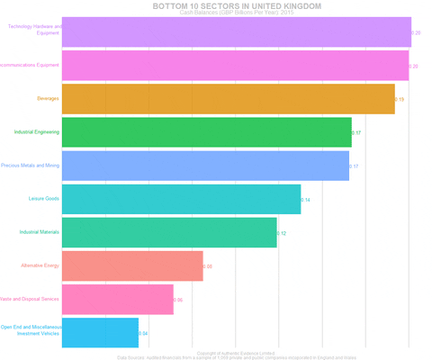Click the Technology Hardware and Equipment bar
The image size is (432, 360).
tap(236, 31)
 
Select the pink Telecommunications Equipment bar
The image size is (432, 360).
tap(235, 66)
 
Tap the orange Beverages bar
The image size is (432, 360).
tap(228, 99)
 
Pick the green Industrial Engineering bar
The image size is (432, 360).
tap(206, 132)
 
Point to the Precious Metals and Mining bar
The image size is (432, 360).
tap(205, 166)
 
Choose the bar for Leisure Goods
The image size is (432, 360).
tap(181, 199)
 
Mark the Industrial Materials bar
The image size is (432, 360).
tap(169, 232)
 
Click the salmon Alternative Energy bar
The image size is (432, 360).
tap(132, 265)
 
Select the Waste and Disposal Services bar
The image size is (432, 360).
tap(117, 299)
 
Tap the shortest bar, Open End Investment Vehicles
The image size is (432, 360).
tap(100, 332)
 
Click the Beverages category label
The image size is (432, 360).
tap(48, 99)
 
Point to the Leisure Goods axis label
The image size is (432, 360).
tap(44, 199)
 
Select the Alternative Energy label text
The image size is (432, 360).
tap(40, 265)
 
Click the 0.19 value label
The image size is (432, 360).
tap(400, 99)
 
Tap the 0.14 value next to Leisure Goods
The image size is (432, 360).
tap(306, 199)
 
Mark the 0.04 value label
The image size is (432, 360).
tap(143, 333)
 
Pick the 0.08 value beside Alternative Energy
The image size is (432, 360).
tap(208, 266)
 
